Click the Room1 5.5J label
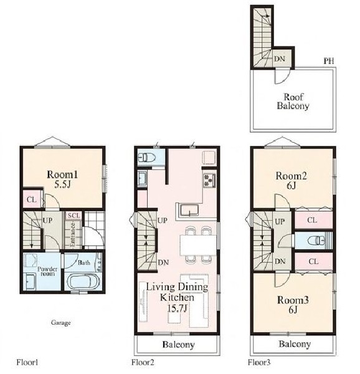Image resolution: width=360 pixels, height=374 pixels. (62, 180)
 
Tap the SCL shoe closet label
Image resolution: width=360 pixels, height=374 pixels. (74, 216)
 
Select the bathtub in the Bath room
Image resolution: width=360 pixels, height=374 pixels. (82, 282)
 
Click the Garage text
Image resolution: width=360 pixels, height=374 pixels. (61, 323)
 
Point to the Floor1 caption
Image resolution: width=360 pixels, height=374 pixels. (27, 362)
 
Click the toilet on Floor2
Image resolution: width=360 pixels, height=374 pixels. (147, 157)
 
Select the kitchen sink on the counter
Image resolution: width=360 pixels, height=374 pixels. (189, 211)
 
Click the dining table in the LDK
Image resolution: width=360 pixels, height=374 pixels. (198, 245)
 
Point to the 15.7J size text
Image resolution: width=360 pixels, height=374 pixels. (176, 309)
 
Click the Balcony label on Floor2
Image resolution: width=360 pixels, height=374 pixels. (179, 345)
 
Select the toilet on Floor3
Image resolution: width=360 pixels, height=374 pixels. (316, 241)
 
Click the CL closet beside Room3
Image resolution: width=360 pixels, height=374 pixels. (313, 262)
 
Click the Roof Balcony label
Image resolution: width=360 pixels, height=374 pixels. (293, 102)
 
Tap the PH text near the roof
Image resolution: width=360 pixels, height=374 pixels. (329, 61)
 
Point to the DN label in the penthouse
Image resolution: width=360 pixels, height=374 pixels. (280, 59)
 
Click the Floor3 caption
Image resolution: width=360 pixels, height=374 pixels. (259, 363)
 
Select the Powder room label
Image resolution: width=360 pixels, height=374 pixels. (47, 271)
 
